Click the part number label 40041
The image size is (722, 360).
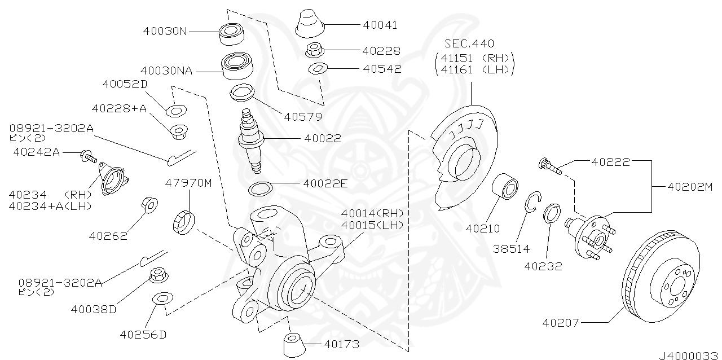pos(380,25)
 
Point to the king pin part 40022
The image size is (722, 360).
pos(252,139)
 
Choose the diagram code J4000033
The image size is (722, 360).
pos(690,355)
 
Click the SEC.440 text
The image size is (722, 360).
pos(469,43)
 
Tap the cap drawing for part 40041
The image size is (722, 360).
pos(310,24)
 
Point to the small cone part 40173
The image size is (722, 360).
pos(293,344)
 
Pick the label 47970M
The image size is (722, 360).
pos(188,183)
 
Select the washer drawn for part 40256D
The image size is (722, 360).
pos(162,298)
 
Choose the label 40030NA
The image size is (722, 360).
pos(166,71)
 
